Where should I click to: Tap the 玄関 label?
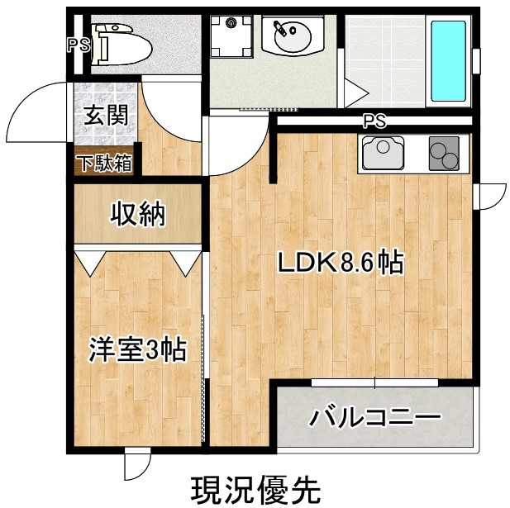click(x=104, y=115)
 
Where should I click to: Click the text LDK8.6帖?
click(x=339, y=263)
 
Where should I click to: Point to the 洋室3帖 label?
click(x=137, y=349)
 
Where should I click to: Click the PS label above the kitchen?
click(x=374, y=121)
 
